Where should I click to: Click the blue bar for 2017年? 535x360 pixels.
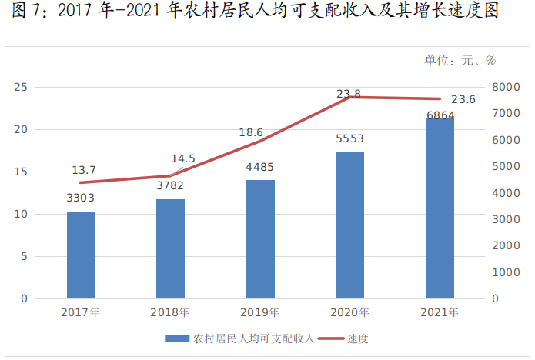pyautogui.click(x=81, y=255)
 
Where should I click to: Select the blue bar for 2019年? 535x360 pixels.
pyautogui.click(x=260, y=239)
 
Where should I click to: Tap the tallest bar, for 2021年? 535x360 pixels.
pyautogui.click(x=440, y=208)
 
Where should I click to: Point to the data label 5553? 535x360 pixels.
pyautogui.click(x=349, y=138)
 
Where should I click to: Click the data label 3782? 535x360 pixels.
pyautogui.click(x=170, y=186)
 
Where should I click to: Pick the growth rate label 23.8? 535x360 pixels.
pyautogui.click(x=349, y=94)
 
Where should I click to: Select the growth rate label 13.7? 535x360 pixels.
pyautogui.click(x=84, y=170)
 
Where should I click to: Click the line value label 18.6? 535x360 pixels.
pyautogui.click(x=251, y=132)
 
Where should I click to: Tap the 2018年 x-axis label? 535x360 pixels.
pyautogui.click(x=169, y=312)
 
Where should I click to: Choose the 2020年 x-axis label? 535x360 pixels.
pyautogui.click(x=349, y=312)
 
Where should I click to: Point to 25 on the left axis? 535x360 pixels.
pyautogui.click(x=21, y=87)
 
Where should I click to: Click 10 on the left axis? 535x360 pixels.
pyautogui.click(x=21, y=214)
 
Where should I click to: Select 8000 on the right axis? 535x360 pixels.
pyautogui.click(x=506, y=87)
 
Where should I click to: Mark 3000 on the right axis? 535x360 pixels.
pyautogui.click(x=506, y=219)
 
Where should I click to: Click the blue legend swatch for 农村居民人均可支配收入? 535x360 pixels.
pyautogui.click(x=177, y=338)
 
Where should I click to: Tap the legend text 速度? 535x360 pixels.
pyautogui.click(x=358, y=339)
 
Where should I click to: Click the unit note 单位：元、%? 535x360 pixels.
pyautogui.click(x=460, y=61)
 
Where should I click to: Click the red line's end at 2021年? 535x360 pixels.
pyautogui.click(x=440, y=99)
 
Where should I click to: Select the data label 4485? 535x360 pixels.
pyautogui.click(x=259, y=167)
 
